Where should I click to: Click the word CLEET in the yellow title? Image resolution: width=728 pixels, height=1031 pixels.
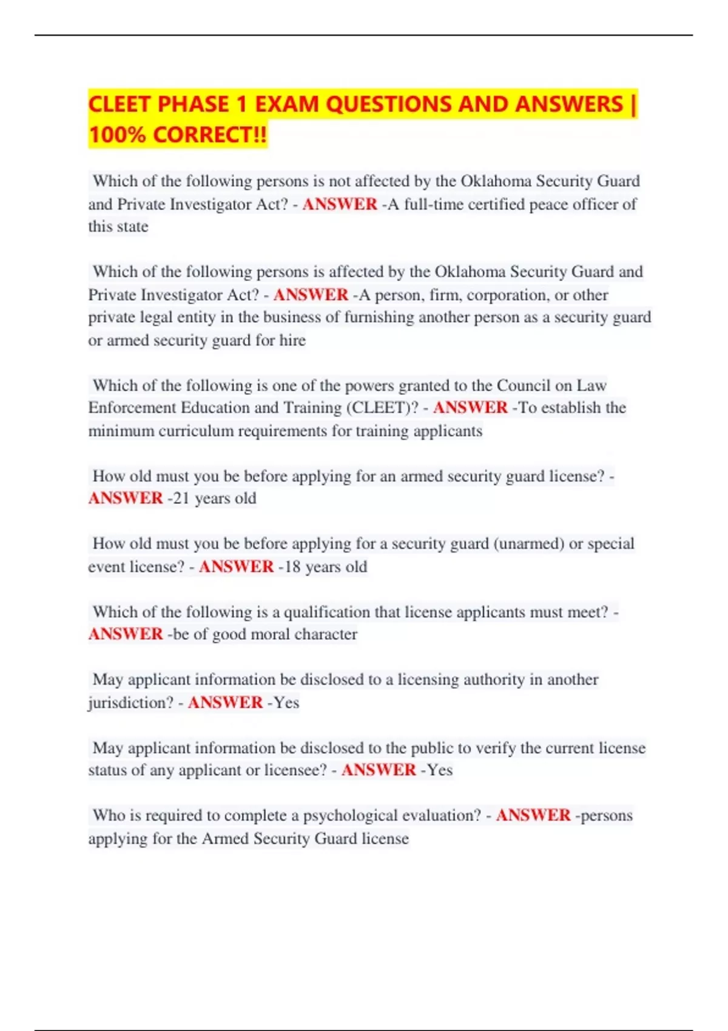click(119, 104)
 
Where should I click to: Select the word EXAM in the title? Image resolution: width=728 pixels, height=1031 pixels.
click(286, 104)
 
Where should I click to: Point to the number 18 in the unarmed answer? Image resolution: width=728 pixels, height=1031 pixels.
click(293, 566)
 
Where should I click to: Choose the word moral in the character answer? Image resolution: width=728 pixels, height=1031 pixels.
click(251, 634)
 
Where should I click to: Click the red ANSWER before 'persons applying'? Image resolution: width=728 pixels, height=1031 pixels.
click(533, 815)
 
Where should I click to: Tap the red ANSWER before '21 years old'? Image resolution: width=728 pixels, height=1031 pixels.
click(126, 499)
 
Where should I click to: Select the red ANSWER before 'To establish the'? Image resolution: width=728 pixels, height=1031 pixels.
click(470, 408)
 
